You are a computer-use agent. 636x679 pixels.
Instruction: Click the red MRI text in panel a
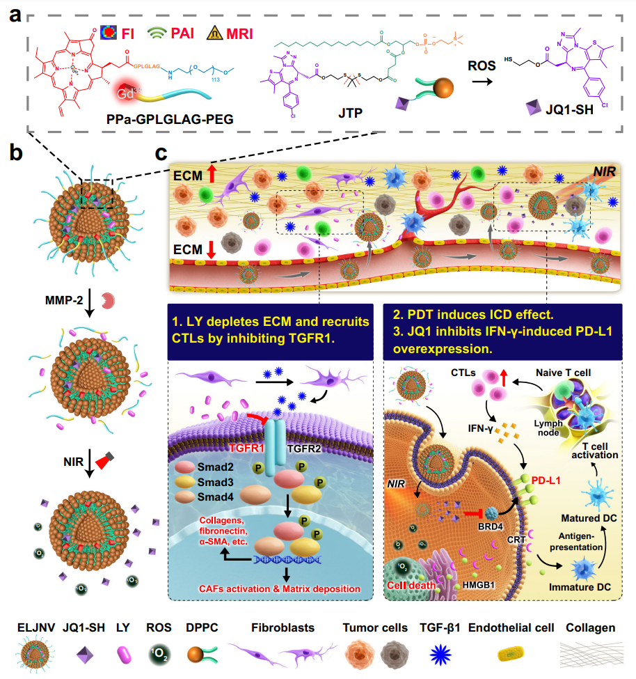click(234, 33)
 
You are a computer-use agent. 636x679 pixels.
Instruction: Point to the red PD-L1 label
click(547, 480)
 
